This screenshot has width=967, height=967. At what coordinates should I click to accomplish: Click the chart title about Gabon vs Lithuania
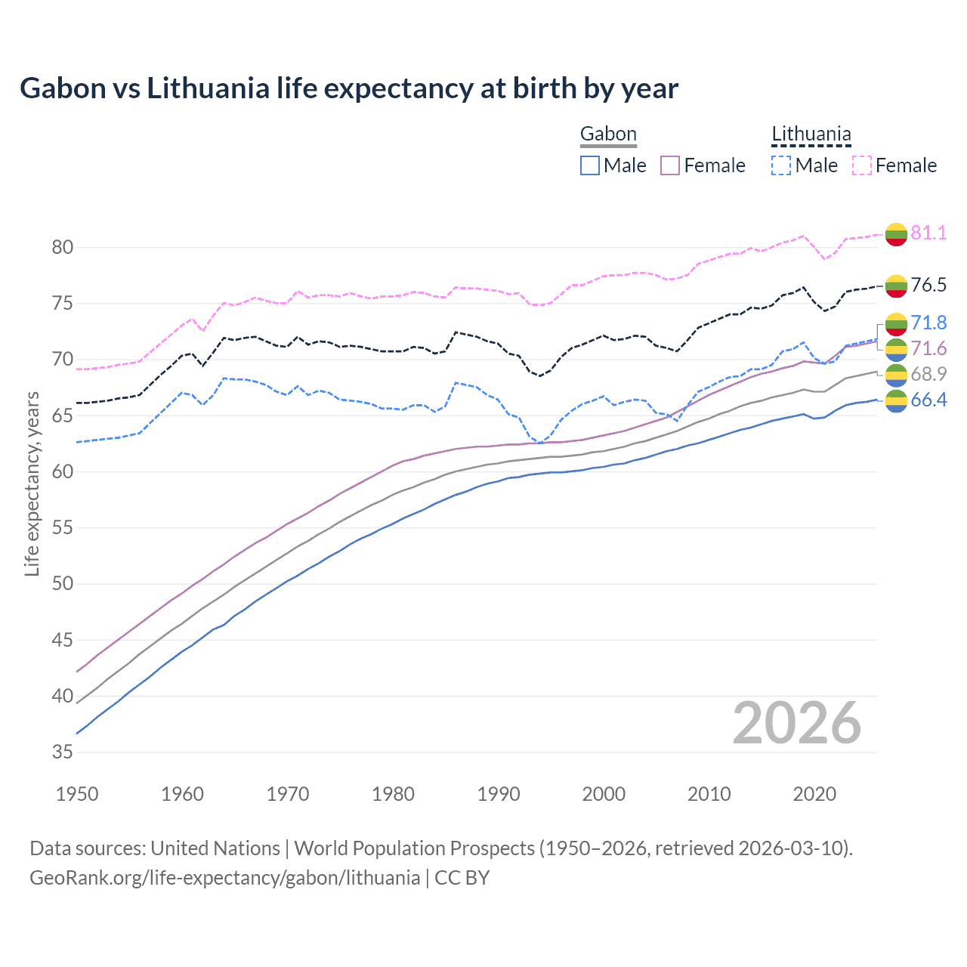point(349,88)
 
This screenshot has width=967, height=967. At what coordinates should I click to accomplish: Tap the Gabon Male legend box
point(590,165)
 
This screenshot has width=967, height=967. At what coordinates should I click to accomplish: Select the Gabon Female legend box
point(671,165)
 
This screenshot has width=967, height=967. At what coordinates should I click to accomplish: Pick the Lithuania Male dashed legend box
point(781,165)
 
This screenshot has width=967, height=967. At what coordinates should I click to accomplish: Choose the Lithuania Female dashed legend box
point(862,165)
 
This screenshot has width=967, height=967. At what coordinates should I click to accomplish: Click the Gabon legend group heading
point(608,134)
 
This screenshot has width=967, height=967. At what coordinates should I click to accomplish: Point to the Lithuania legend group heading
point(811,134)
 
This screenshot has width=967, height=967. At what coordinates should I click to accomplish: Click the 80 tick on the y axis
point(63,248)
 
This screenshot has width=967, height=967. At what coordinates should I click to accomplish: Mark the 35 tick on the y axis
point(63,752)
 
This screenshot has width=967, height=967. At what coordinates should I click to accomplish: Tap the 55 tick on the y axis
point(63,528)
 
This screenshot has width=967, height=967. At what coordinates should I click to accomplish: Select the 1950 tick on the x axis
point(77,794)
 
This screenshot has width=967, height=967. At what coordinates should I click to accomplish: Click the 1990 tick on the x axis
point(499,794)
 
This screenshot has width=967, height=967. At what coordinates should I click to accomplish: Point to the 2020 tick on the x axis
point(814,794)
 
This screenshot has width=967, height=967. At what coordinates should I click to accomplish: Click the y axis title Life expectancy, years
point(32,483)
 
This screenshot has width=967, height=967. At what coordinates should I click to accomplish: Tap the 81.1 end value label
point(928,233)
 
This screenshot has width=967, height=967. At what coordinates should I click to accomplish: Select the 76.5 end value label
point(928,285)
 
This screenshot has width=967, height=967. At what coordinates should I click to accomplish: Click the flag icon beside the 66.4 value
point(896,401)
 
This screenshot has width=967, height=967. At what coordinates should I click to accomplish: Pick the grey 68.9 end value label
point(928,374)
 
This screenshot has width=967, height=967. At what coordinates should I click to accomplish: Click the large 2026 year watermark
point(797,723)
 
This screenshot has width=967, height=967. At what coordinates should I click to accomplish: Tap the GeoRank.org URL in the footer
point(224,878)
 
